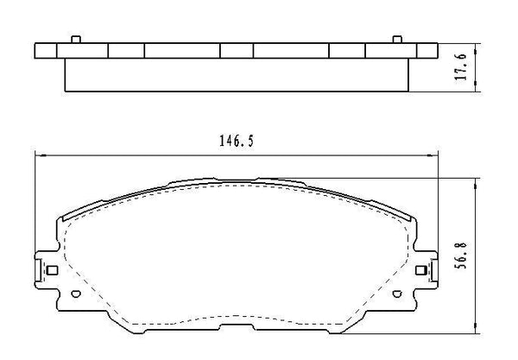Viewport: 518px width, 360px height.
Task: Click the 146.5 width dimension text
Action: tap(236, 142)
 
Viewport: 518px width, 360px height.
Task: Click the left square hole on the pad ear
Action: tap(52, 271)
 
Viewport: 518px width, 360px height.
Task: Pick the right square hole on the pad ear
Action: tap(420, 271)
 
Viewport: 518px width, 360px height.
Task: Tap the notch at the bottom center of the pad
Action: tap(236, 332)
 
